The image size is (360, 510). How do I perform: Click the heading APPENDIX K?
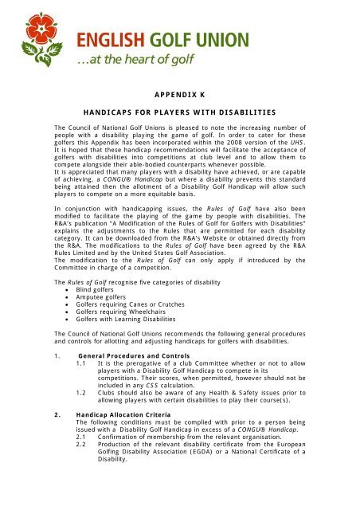[180, 93]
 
